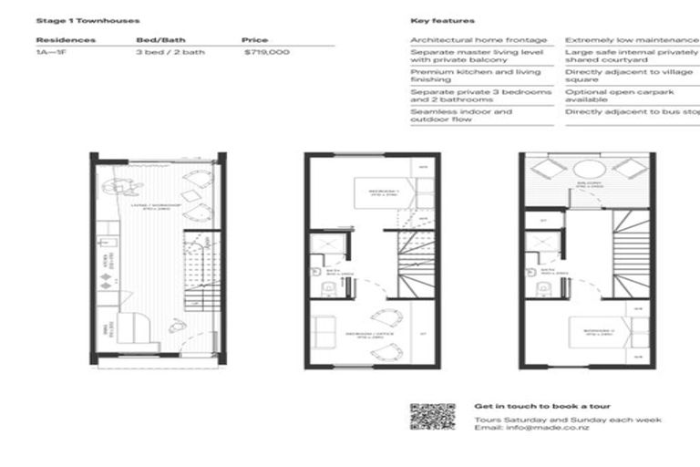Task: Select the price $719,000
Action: [267, 54]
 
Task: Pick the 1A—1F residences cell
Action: [51, 54]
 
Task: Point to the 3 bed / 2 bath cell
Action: [170, 54]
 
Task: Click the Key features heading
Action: [442, 20]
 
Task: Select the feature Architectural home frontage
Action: [479, 40]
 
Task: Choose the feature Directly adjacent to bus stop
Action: [632, 112]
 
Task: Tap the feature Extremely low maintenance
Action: [632, 40]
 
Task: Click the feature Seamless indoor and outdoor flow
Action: [461, 116]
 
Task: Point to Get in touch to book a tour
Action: [542, 406]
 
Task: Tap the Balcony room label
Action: [586, 183]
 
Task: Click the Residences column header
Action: [66, 40]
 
